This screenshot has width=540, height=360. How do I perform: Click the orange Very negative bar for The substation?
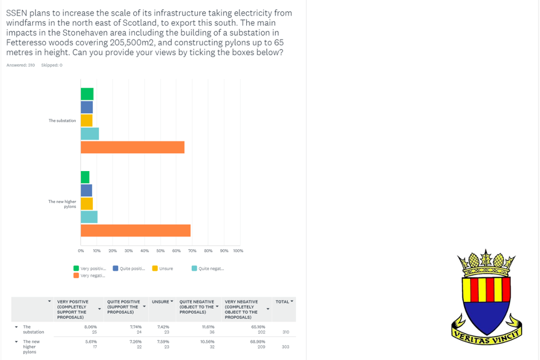pos(133,147)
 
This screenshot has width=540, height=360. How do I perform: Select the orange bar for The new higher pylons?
pos(135,230)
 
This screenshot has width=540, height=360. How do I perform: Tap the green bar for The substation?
pos(87,94)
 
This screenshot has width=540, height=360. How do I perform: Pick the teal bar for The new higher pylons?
pos(89,217)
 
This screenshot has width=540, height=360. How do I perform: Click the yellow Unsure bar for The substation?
pos(87,121)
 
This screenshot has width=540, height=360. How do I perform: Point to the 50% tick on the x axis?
pos(160,251)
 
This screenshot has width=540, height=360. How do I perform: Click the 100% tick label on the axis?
pos(238,251)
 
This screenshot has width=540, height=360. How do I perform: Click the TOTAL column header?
pos(283,301)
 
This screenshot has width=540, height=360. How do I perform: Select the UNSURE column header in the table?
pos(161,301)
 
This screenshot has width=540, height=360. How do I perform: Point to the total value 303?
pos(285,347)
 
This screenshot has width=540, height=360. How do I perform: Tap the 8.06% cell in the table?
pos(90,326)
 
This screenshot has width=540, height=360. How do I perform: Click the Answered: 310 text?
pos(21,65)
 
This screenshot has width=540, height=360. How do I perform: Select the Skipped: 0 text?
pos(52,65)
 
